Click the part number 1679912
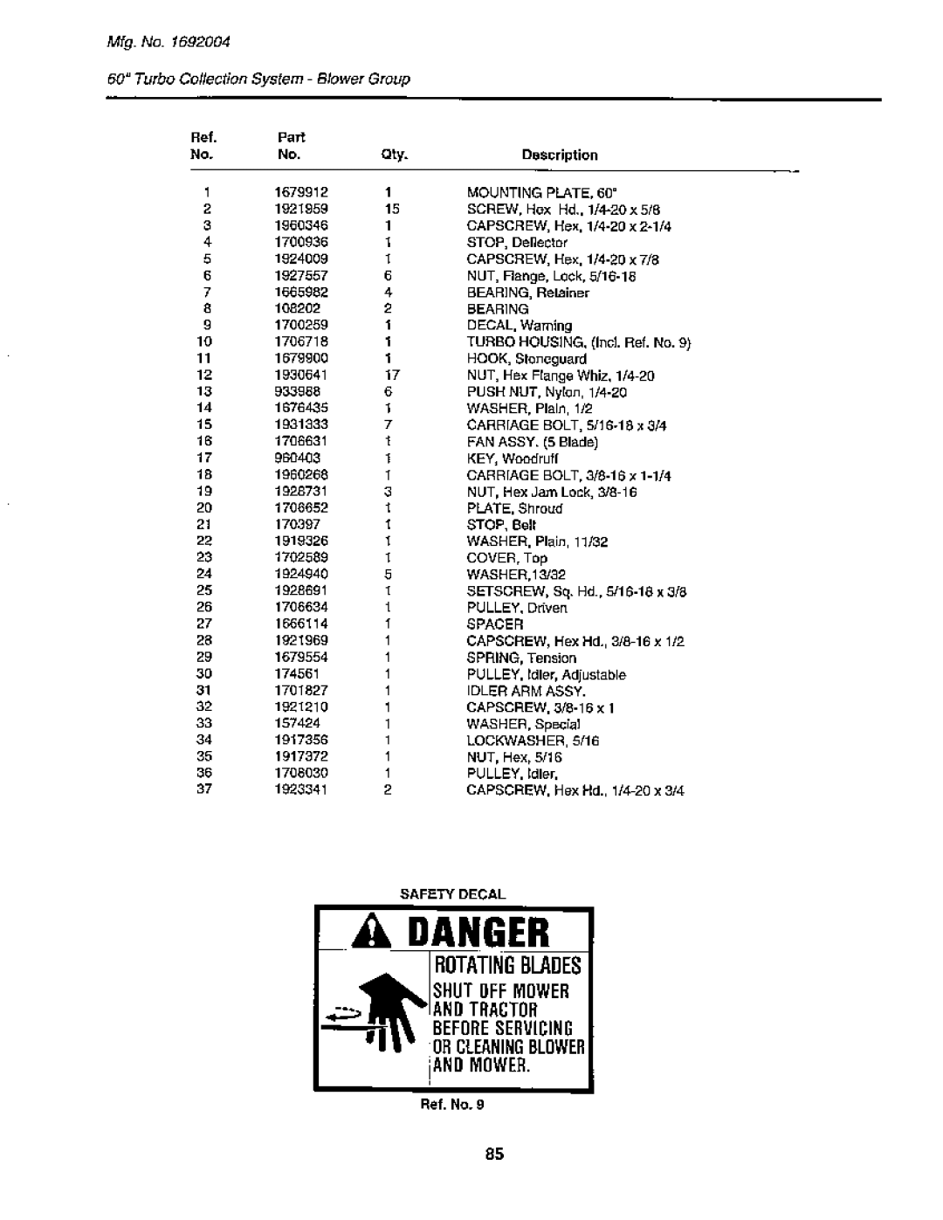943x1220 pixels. coord(299,193)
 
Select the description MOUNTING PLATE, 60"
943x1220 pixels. coord(531,193)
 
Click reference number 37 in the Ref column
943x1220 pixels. coord(205,789)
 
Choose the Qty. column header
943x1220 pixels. coord(389,155)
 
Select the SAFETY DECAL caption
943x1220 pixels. coord(453,894)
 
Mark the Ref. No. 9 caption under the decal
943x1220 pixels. coord(454,1104)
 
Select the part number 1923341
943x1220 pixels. coord(299,789)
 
